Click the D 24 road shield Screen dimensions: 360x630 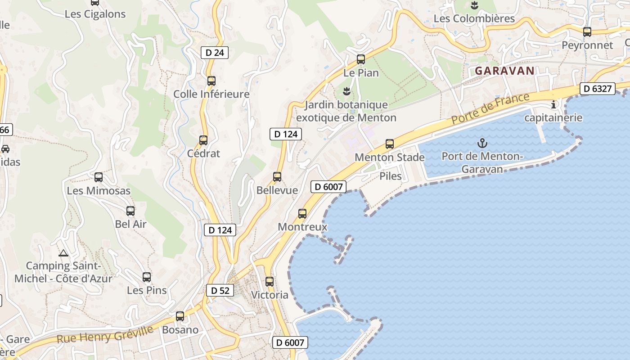click(215, 53)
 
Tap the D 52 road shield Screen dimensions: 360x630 click(220, 291)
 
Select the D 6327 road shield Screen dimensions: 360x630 click(597, 89)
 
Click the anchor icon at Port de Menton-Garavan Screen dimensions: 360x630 click(482, 144)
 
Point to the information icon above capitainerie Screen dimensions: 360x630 click(553, 105)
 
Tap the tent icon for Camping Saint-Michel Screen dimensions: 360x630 click(63, 253)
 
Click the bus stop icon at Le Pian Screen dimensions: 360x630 click(360, 59)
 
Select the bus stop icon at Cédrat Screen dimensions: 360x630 click(203, 140)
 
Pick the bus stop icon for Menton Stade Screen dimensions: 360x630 click(390, 144)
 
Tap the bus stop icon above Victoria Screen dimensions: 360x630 click(269, 282)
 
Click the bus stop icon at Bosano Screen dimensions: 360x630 click(180, 316)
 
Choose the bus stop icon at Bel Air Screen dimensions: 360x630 click(130, 211)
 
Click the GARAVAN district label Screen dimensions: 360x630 click(504, 71)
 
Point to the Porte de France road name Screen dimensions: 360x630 click(490, 109)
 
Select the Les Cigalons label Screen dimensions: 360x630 click(95, 14)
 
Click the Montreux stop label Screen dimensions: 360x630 click(302, 227)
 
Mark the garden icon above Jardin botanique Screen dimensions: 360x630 click(346, 92)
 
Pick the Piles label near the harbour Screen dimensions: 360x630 click(390, 176)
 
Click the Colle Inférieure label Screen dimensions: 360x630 click(211, 94)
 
